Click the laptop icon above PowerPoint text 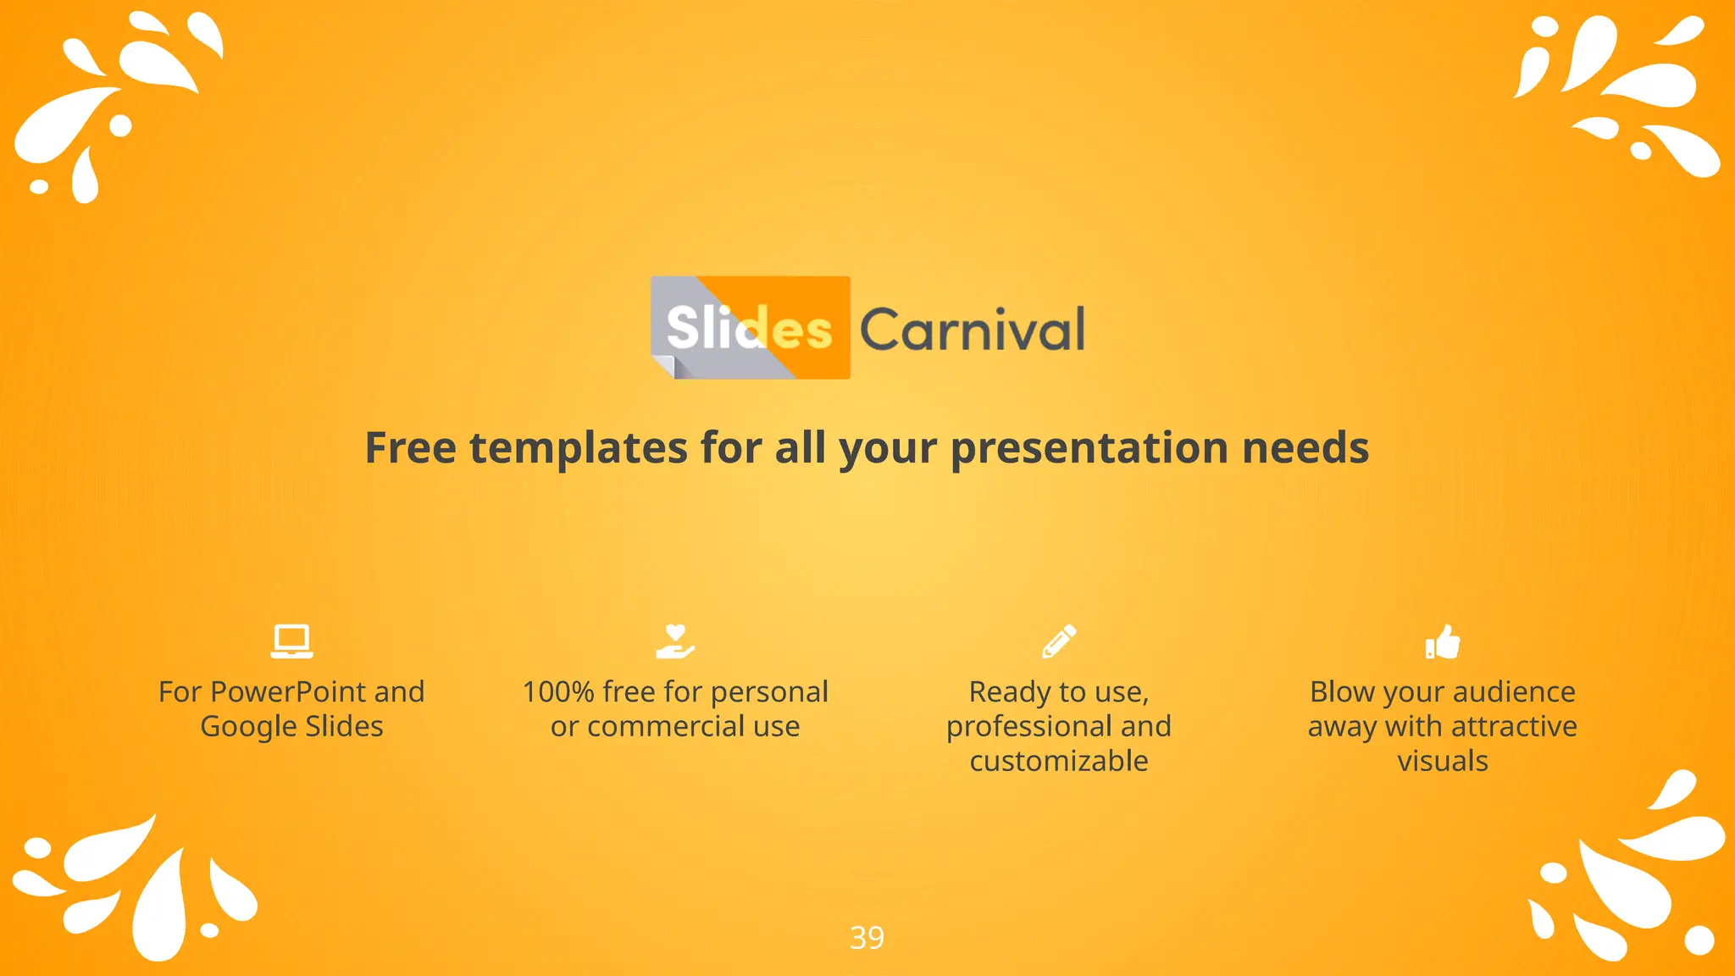coord(291,641)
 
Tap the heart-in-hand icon coord(675,641)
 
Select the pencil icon coord(1059,641)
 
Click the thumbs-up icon coord(1443,641)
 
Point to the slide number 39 coord(867,938)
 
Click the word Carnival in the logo coord(973,330)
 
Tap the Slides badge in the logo coord(750,328)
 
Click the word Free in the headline coord(410,447)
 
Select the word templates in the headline coord(579,449)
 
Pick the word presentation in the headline coord(1089,449)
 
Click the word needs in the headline coord(1305,447)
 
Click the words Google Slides coord(291,727)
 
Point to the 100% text coord(558,692)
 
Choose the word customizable coord(1059,761)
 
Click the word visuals coord(1443,761)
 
